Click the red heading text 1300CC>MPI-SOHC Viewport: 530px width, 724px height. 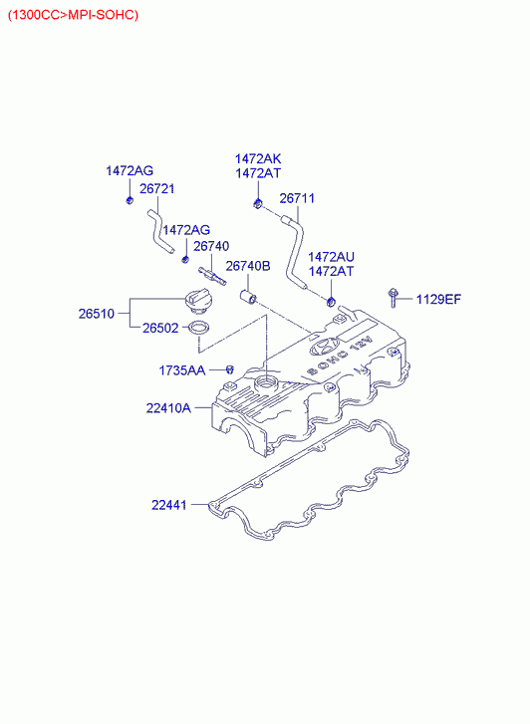(73, 15)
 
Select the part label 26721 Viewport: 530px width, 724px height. (157, 188)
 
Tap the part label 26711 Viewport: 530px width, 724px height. (297, 198)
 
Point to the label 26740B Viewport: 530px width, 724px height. (248, 266)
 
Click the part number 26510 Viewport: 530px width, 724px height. (96, 314)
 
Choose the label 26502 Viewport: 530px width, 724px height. (160, 328)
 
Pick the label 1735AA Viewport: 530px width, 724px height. (182, 370)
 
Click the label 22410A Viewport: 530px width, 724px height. (168, 408)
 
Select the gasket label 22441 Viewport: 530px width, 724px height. (169, 505)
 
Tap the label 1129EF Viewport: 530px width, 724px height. (438, 299)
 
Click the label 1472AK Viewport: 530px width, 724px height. (258, 158)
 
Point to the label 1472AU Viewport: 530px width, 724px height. (332, 257)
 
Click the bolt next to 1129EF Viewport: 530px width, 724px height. (393, 298)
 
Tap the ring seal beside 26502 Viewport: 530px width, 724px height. (198, 328)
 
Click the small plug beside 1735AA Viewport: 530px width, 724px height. (230, 369)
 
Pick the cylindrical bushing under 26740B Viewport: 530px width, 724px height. (249, 297)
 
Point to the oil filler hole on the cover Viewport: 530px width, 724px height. (267, 382)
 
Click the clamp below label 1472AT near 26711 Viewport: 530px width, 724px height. (331, 303)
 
